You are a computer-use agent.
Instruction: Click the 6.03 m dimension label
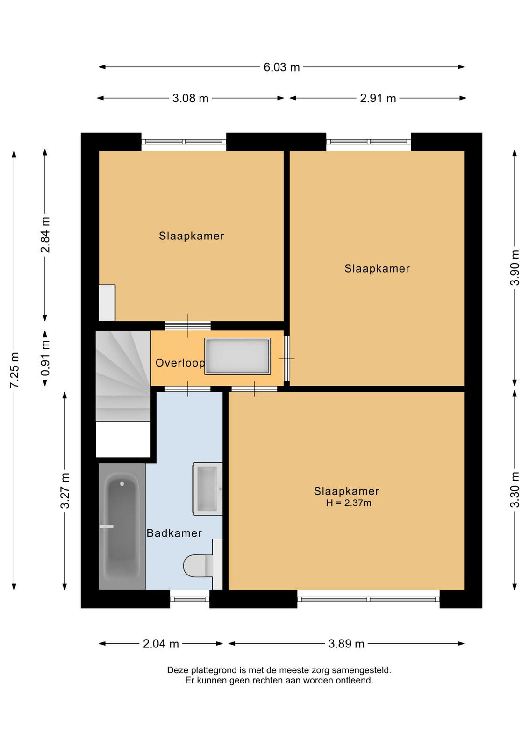[x=281, y=67]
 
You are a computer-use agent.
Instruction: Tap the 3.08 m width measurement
[x=190, y=98]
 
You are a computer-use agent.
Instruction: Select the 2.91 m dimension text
[x=378, y=98]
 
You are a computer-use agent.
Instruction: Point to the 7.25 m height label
[x=14, y=370]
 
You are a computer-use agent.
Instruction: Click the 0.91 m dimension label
[x=45, y=358]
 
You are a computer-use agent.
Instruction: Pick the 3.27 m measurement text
[x=65, y=490]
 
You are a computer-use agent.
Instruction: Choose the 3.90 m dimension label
[x=515, y=267]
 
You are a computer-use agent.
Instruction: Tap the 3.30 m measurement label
[x=515, y=489]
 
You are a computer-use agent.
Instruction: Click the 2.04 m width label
[x=161, y=644]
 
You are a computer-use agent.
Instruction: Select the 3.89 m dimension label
[x=346, y=644]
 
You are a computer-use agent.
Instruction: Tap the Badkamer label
[x=174, y=533]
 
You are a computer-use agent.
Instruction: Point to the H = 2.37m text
[x=349, y=503]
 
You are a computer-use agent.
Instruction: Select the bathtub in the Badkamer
[x=122, y=526]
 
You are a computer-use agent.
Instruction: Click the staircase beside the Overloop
[x=123, y=376]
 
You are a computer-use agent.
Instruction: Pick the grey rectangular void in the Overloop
[x=237, y=356]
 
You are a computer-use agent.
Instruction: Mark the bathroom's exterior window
[x=190, y=599]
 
